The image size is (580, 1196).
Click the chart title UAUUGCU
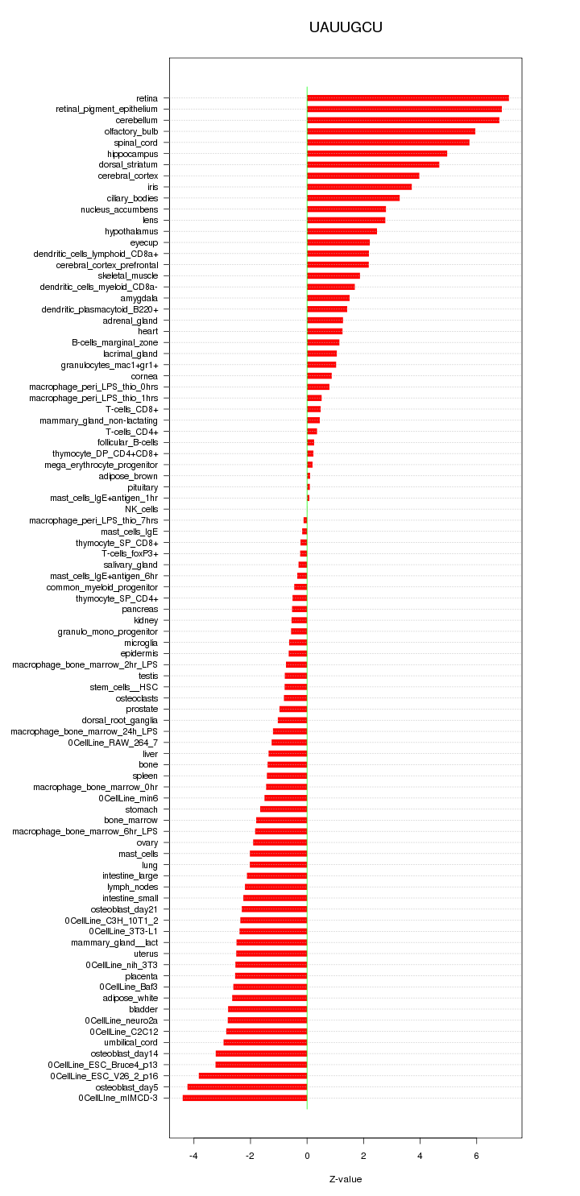pyautogui.click(x=346, y=27)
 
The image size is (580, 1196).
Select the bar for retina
pyautogui.click(x=408, y=98)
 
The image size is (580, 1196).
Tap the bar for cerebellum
pyautogui.click(x=403, y=120)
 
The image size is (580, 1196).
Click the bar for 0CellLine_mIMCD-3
pyautogui.click(x=245, y=1098)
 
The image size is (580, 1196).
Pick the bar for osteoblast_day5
pyautogui.click(x=247, y=1086)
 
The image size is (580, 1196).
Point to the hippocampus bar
pyautogui.click(x=377, y=154)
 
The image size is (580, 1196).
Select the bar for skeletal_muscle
pyautogui.click(x=333, y=275)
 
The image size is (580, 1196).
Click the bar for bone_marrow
pyautogui.click(x=282, y=820)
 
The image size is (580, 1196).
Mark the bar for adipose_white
pyautogui.click(x=270, y=998)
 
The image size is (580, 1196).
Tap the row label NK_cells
pyautogui.click(x=142, y=509)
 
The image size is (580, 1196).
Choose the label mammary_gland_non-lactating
pyautogui.click(x=99, y=420)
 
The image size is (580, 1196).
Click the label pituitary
pyautogui.click(x=143, y=487)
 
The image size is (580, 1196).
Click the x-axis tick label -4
pyautogui.click(x=193, y=1156)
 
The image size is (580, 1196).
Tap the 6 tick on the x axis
pyautogui.click(x=477, y=1156)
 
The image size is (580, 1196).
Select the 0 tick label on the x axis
pyautogui.click(x=307, y=1156)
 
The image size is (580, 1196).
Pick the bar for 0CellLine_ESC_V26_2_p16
pyautogui.click(x=253, y=1075)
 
